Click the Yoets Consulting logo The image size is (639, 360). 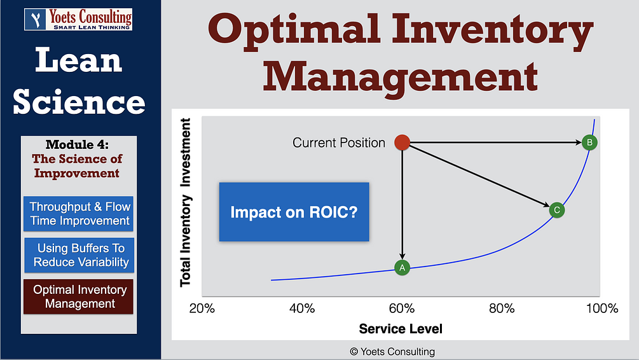pyautogui.click(x=78, y=19)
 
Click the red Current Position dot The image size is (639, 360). pyautogui.click(x=402, y=142)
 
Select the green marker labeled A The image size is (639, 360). pyautogui.click(x=401, y=268)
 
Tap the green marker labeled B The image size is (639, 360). pyautogui.click(x=589, y=142)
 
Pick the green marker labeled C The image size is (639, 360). pyautogui.click(x=556, y=210)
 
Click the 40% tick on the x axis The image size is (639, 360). pyautogui.click(x=301, y=308)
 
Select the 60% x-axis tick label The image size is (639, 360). pyautogui.click(x=401, y=308)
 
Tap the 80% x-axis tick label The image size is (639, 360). pyautogui.click(x=502, y=308)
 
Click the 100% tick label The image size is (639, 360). pyautogui.click(x=601, y=308)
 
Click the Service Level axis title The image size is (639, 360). pyautogui.click(x=401, y=329)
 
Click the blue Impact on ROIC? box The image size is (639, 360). pyautogui.click(x=294, y=212)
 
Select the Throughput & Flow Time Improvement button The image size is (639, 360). pyautogui.click(x=79, y=214)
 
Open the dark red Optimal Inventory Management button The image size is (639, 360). pyautogui.click(x=79, y=296)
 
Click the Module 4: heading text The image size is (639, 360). pyautogui.click(x=80, y=145)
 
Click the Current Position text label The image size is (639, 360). pyautogui.click(x=339, y=143)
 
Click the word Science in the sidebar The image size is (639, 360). pyautogui.click(x=79, y=102)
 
